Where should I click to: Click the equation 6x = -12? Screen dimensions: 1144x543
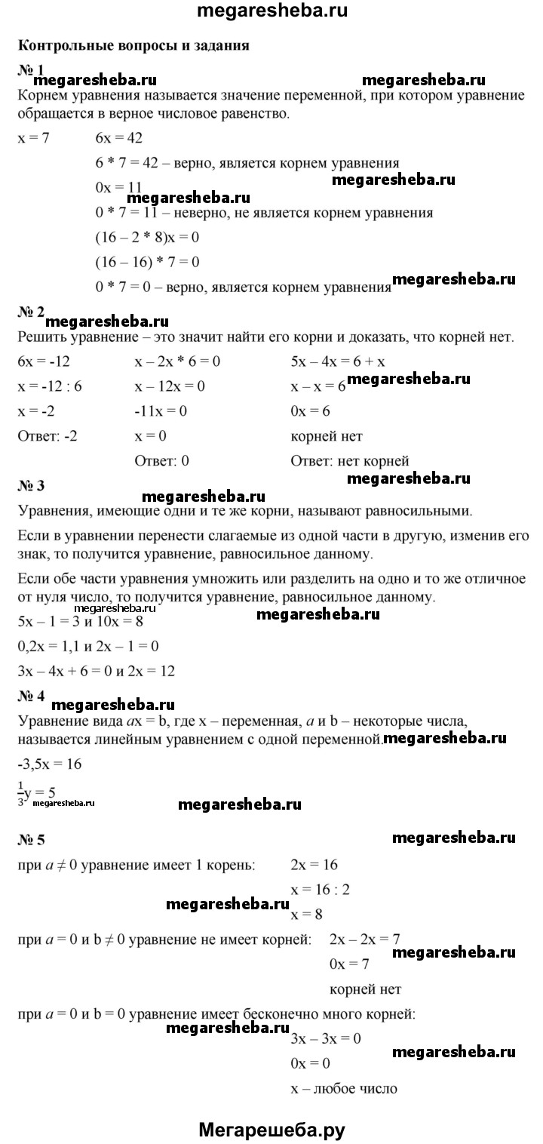pyautogui.click(x=43, y=361)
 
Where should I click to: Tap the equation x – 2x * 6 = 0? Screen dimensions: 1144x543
pyautogui.click(x=177, y=361)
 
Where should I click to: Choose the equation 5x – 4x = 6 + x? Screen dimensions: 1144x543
pyautogui.click(x=338, y=361)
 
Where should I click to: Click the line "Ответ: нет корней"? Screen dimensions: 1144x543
pyautogui.click(x=349, y=460)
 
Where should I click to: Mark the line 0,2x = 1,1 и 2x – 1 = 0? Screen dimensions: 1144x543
pyautogui.click(x=88, y=647)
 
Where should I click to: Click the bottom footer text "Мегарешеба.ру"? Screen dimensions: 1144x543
pyautogui.click(x=271, y=1130)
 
